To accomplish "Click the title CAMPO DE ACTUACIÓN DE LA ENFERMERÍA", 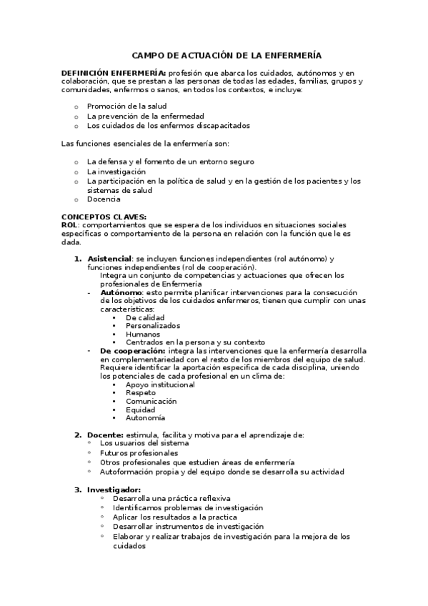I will tap(227, 55).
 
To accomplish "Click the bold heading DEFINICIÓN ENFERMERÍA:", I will tap(114, 73).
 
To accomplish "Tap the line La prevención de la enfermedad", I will tap(145, 116).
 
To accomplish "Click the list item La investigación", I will tap(116, 172).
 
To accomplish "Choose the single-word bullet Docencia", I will tap(104, 199).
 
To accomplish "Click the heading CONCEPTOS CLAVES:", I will tap(104, 217).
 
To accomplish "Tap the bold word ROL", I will tap(69, 224).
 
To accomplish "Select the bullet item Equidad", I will tap(140, 409).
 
